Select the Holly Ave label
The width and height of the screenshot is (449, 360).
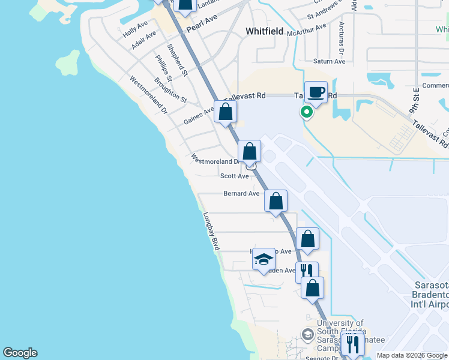pyautogui.click(x=135, y=31)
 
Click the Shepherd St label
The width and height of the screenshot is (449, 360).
pyautogui.click(x=178, y=60)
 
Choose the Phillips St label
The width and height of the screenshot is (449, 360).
pyautogui.click(x=164, y=68)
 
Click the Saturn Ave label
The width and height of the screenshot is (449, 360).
pyautogui.click(x=330, y=61)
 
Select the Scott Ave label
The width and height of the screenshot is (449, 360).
pyautogui.click(x=234, y=176)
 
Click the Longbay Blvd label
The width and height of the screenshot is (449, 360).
pyautogui.click(x=211, y=231)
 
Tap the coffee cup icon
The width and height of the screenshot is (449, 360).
pyautogui.click(x=316, y=92)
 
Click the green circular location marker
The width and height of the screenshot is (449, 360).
pyautogui.click(x=307, y=112)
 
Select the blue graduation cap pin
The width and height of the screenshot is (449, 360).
pyautogui.click(x=263, y=259)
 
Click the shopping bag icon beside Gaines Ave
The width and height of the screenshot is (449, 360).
pyautogui.click(x=226, y=112)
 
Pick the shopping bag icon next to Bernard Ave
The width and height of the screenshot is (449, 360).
pyautogui.click(x=276, y=200)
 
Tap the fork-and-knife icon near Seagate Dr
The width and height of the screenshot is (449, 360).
pyautogui.click(x=352, y=344)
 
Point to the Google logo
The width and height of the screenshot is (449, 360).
pyautogui.click(x=20, y=353)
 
